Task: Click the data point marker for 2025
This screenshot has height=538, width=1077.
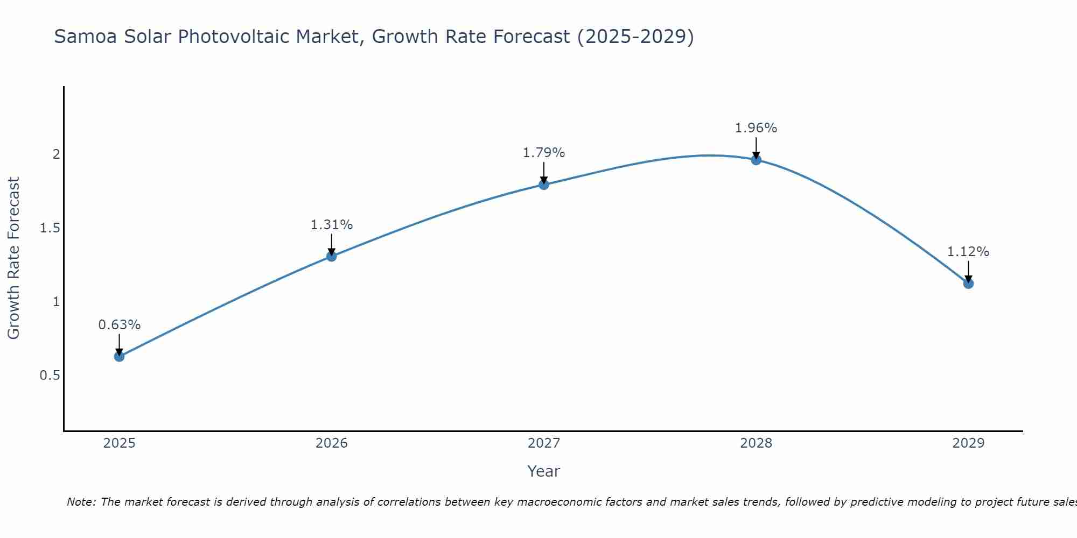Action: point(120,356)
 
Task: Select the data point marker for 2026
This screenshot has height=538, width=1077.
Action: point(332,256)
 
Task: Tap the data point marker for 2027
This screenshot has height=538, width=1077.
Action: point(544,185)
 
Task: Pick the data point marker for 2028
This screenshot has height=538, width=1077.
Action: point(756,160)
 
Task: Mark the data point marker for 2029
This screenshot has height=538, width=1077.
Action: point(968,284)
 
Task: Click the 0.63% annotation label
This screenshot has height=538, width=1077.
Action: point(120,325)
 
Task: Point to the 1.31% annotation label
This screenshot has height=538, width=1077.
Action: point(332,225)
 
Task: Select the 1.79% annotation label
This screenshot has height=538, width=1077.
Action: point(544,153)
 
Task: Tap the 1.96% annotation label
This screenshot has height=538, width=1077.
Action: point(756,128)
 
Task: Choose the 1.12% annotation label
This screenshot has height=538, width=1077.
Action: point(968,252)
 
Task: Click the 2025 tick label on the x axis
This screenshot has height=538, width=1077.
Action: point(120,443)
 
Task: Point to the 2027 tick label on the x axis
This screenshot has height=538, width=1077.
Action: point(544,443)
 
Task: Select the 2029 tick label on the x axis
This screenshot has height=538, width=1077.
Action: point(968,443)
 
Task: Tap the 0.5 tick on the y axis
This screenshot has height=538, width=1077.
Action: point(50,376)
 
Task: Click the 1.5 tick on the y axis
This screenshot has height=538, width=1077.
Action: point(50,228)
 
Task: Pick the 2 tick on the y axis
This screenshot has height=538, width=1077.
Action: point(56,154)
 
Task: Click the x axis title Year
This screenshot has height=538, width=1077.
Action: point(544,471)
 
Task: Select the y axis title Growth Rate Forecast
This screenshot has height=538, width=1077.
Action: point(14,258)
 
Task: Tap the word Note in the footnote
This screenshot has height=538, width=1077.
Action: point(81,502)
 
